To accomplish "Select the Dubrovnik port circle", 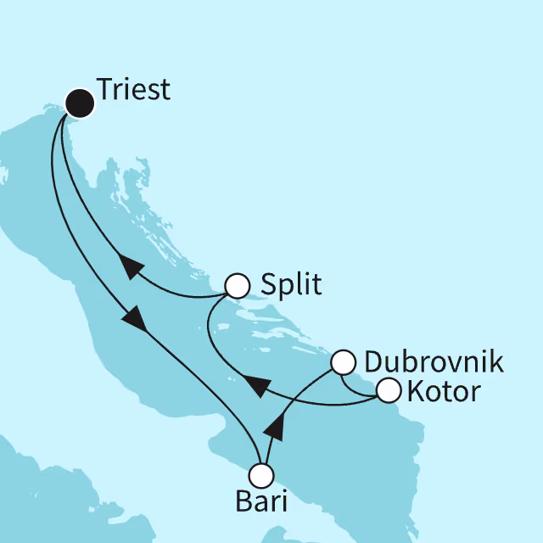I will pos(342,362).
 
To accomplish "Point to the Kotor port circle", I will pos(388,391).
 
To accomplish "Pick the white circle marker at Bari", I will pos(262,474).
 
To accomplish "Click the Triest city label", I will pos(133,89).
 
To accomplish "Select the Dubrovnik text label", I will pos(433,362).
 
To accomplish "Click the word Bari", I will pos(261,502).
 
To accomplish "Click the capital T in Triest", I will pos(104,89).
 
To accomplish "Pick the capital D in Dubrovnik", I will pos(372,362).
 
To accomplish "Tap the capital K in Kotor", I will pos(415,392).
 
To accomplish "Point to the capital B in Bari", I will pos(243,502).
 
